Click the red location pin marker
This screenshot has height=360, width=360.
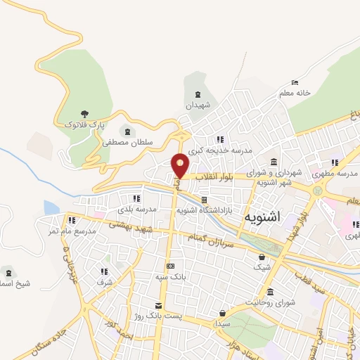pos(181,165)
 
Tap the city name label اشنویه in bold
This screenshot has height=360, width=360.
pos(262,217)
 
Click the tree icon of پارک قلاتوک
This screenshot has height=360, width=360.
pos(85,113)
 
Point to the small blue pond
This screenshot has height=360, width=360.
pos(51,207)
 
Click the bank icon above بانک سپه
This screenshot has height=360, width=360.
pos(170,266)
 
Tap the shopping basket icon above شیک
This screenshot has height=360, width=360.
pos(262,257)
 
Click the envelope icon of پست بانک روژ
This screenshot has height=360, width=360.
pos(159,304)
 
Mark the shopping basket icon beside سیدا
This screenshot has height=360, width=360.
pos(222,314)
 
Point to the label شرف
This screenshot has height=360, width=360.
pos(105,282)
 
